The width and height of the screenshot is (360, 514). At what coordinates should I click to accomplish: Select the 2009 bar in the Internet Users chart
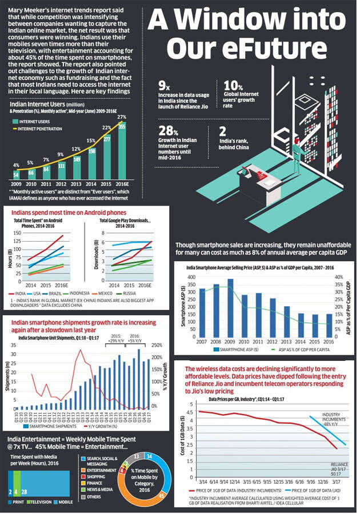pyautogui.click(x=17, y=174)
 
